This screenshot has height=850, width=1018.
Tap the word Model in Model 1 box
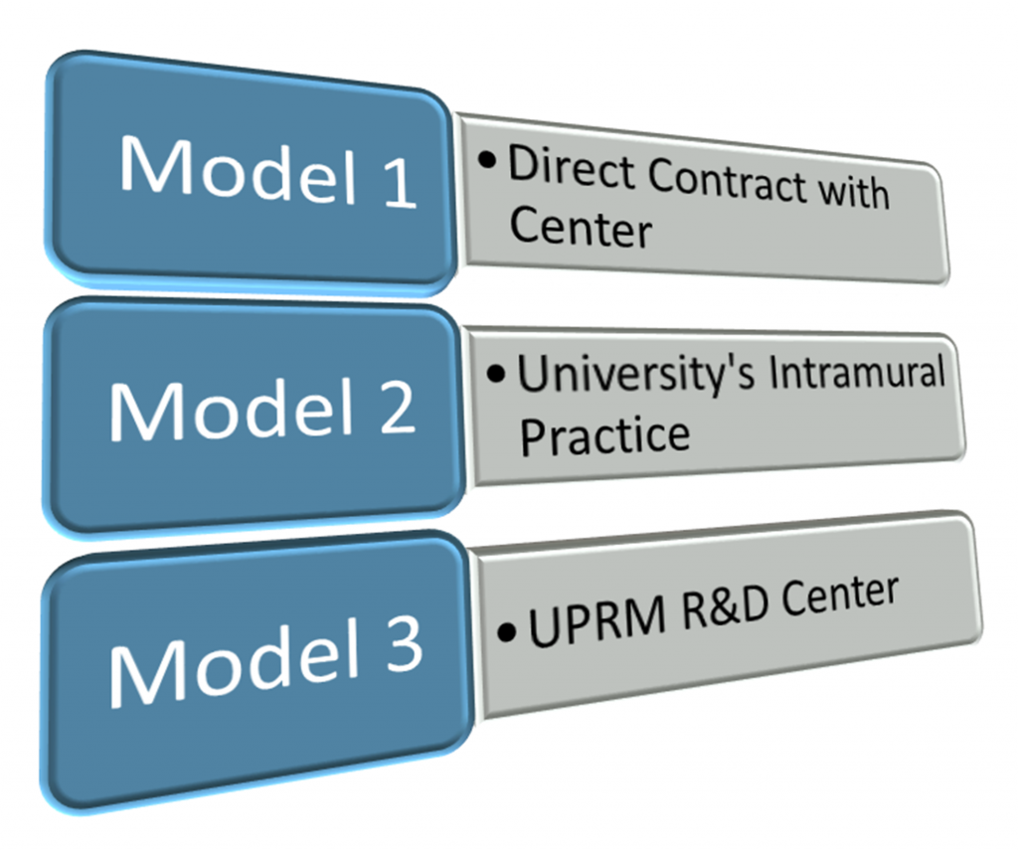[236, 171]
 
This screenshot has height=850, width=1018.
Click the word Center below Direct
[581, 228]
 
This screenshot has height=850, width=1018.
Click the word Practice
[604, 435]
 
